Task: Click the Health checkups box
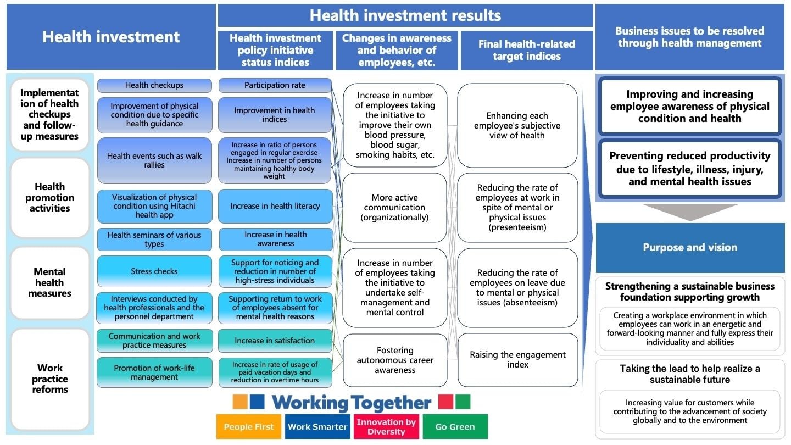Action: click(154, 86)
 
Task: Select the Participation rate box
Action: click(275, 86)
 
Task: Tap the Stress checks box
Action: click(154, 271)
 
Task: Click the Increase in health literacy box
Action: click(275, 206)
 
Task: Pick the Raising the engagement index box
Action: click(517, 360)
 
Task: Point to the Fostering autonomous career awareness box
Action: click(395, 360)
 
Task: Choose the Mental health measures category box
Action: click(49, 283)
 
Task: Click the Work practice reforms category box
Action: click(49, 379)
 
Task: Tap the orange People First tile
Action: click(249, 427)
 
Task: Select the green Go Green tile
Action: click(455, 427)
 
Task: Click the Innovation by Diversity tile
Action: click(386, 427)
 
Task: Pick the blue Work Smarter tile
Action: click(317, 427)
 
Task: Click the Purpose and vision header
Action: click(690, 248)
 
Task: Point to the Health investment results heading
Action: click(405, 15)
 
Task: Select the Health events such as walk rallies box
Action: click(154, 160)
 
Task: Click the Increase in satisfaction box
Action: click(275, 341)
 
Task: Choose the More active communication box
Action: click(395, 208)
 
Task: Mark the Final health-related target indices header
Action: click(527, 51)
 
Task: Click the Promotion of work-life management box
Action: click(154, 372)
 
